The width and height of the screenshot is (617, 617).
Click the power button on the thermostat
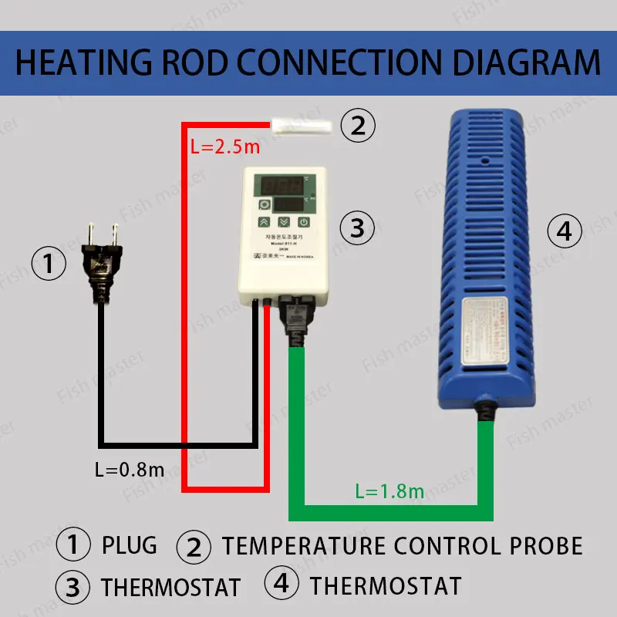pyautogui.click(x=305, y=224)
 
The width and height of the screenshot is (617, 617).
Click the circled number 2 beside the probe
pyautogui.click(x=357, y=125)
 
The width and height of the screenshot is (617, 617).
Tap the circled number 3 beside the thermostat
pyautogui.click(x=357, y=228)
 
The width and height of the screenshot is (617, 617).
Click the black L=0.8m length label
pyautogui.click(x=129, y=468)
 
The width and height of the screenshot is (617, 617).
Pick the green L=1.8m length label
pyautogui.click(x=389, y=491)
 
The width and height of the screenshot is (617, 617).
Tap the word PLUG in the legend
pyautogui.click(x=129, y=545)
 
